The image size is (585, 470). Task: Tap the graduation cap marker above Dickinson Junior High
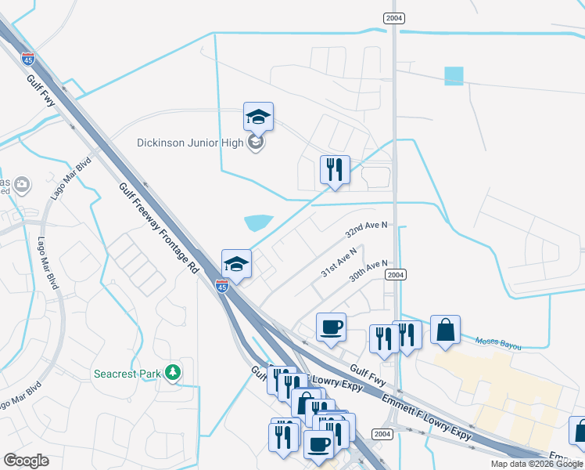258,118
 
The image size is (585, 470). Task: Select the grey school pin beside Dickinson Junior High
255,143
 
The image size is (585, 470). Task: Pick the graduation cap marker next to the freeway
236,265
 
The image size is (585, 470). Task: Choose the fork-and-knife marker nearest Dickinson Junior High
335,170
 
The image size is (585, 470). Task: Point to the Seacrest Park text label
127,374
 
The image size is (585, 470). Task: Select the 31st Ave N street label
339,262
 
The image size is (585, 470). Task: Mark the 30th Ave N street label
369,272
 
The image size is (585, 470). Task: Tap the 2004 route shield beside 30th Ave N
397,274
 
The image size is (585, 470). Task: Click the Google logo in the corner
27,461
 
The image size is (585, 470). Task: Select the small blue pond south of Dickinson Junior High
258,223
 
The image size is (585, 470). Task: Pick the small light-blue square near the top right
454,76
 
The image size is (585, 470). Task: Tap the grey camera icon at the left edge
21,185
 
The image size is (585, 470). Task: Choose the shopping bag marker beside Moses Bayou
445,330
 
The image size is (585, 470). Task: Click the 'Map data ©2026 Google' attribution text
537,464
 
